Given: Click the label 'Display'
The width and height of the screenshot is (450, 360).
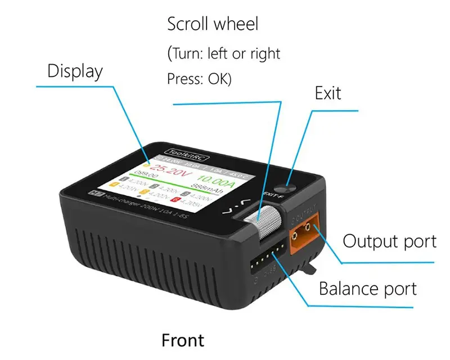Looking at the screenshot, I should [75, 71].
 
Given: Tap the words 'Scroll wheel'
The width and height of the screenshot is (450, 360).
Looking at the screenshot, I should [213, 24].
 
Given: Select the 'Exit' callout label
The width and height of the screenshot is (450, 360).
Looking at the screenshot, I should [328, 93].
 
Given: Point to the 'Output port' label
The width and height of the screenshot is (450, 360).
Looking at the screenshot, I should [389, 241].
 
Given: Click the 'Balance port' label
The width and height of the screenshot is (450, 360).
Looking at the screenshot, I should [368, 289].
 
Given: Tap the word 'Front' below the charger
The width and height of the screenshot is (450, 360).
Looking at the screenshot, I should [183, 340].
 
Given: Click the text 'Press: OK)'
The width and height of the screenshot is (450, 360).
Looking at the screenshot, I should [199, 78].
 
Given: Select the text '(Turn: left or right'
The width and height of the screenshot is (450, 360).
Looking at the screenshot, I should [224, 54].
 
